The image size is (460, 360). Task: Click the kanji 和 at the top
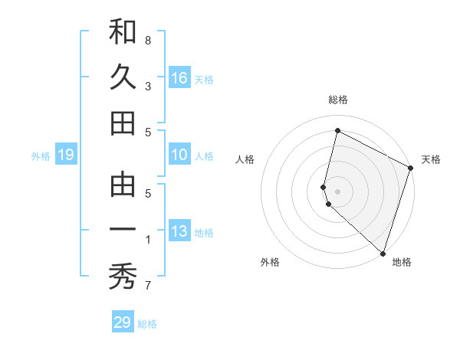click(123, 32)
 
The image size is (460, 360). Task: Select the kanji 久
click(123, 77)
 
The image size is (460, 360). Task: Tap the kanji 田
click(123, 123)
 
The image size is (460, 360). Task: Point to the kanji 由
click(123, 186)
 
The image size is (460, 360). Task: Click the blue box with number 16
click(179, 78)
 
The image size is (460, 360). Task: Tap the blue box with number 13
click(179, 232)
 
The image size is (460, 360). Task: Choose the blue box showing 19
click(66, 155)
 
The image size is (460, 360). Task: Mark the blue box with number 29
click(123, 322)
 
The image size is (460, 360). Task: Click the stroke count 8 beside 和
click(148, 40)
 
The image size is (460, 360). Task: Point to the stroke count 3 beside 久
click(148, 86)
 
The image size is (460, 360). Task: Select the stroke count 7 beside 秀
click(148, 286)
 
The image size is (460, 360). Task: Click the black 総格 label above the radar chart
click(338, 100)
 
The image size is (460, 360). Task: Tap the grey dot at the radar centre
click(338, 191)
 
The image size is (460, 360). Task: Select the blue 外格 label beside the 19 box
click(41, 156)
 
